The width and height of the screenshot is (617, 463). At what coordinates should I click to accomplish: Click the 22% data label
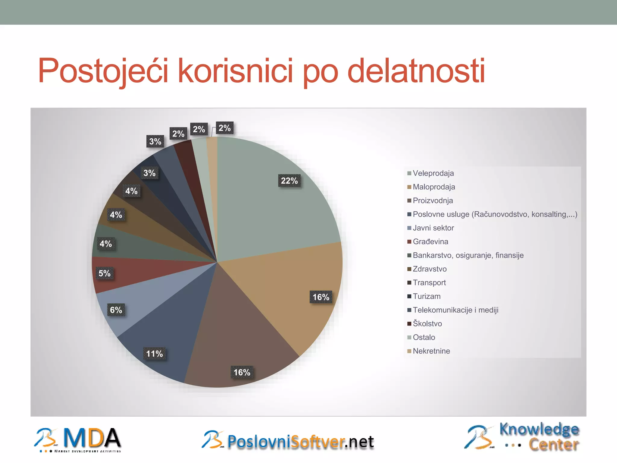(x=289, y=181)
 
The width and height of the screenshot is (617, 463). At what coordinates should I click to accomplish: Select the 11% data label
(x=154, y=354)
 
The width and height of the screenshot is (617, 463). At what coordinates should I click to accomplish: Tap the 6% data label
(x=116, y=310)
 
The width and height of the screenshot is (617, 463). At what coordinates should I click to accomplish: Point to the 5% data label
(x=105, y=273)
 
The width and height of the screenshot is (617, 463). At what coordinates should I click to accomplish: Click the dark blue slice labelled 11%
(x=169, y=326)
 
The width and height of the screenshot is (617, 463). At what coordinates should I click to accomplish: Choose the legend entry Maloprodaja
(x=434, y=187)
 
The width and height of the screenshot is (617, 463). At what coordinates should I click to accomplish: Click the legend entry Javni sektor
(x=433, y=228)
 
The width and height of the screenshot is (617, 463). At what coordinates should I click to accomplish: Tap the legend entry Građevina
(x=430, y=241)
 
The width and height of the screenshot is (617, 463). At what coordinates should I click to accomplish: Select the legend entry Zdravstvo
(x=429, y=269)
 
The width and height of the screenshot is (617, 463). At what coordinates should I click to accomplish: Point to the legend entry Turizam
(x=426, y=296)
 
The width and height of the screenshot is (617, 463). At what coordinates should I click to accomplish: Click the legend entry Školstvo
(x=427, y=324)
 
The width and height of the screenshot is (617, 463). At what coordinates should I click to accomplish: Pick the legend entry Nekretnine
(x=431, y=351)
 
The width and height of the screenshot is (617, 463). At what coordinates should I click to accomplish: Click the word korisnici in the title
(x=235, y=71)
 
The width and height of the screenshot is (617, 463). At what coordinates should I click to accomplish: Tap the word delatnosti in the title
(x=416, y=71)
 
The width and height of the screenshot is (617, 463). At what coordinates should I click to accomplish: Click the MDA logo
(x=78, y=439)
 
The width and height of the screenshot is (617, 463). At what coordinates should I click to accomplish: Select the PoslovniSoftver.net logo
(x=288, y=441)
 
